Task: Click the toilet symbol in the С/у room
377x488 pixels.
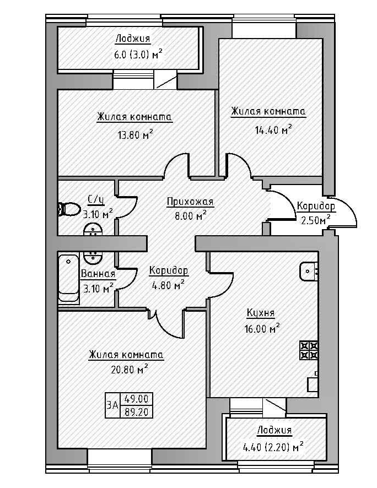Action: (x=68, y=209)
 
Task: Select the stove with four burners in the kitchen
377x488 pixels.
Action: (x=309, y=350)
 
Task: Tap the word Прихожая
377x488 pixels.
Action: (x=190, y=202)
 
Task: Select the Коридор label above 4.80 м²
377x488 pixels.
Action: (x=169, y=271)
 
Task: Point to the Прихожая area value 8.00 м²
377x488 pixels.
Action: (x=186, y=215)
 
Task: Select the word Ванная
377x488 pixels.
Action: (x=98, y=274)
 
